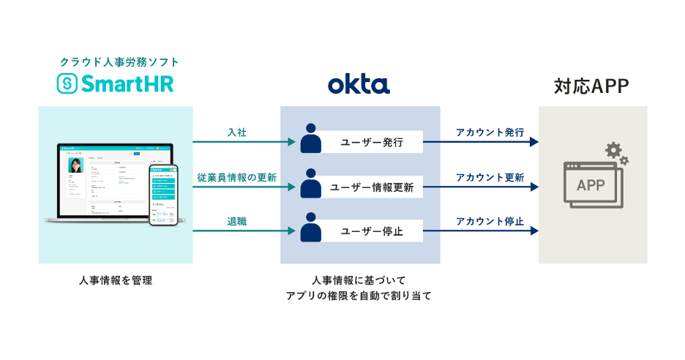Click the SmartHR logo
coord(116,84)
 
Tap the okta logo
coord(359,85)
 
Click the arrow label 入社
coord(236,132)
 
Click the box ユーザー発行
coord(372,143)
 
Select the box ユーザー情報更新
coord(372,187)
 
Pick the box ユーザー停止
coord(372,233)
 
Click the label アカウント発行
coord(490,132)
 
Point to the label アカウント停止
coord(490,222)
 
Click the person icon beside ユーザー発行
coord(311,138)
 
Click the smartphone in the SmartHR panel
coord(165,195)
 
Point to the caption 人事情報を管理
coord(116,280)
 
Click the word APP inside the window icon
coord(591,185)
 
